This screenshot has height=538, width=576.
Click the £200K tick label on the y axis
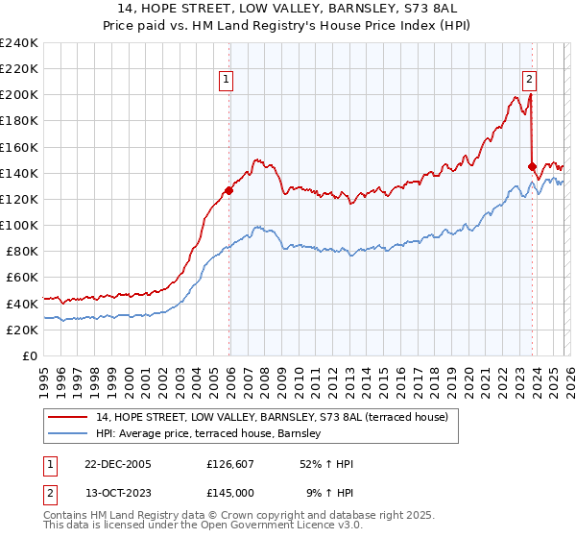(x=19, y=95)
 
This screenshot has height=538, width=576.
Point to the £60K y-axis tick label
(x=22, y=277)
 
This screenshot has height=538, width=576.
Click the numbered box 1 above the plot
(x=227, y=81)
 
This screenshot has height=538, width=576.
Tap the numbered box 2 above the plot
(x=529, y=81)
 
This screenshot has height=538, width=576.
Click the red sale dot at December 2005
(x=229, y=190)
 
